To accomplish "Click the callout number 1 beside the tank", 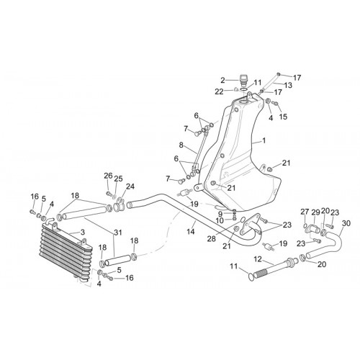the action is [x=264, y=140].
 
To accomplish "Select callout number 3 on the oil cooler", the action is [x=82, y=232].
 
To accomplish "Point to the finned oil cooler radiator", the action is [x=66, y=251].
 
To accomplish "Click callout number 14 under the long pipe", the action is [x=191, y=232].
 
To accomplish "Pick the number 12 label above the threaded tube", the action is [x=258, y=259].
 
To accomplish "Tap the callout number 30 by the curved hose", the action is [x=346, y=223].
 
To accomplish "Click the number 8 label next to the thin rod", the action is [x=181, y=145].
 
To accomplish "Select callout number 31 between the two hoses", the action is [x=118, y=233].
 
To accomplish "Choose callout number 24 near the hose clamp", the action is [x=130, y=186].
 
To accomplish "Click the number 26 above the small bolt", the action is [x=108, y=176].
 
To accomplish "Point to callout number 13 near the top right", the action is [x=288, y=85].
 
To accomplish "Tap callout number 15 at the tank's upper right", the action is [x=283, y=117].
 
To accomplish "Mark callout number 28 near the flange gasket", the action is [x=212, y=239].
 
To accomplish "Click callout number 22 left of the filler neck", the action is [x=219, y=91].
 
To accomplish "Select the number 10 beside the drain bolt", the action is [x=220, y=220].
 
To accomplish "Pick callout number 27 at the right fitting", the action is [x=305, y=212].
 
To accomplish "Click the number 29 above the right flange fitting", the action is [x=316, y=212].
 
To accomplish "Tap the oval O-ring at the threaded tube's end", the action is [x=251, y=277].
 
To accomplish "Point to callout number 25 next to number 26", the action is [x=118, y=179].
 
